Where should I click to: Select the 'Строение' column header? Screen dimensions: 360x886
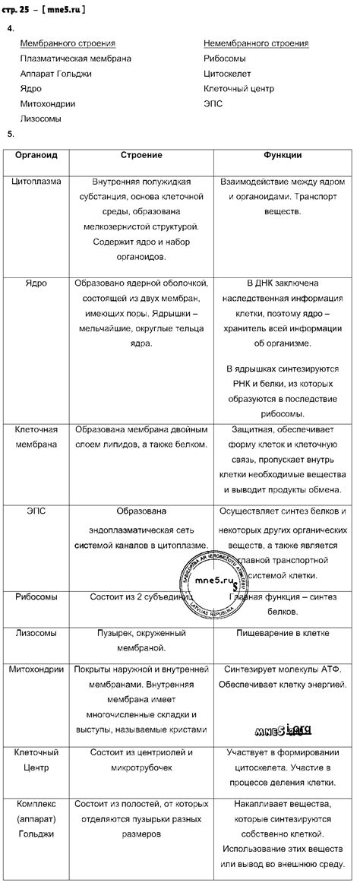click(141, 155)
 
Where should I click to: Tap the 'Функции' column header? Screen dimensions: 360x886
click(283, 155)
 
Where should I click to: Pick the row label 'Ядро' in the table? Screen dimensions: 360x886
click(36, 283)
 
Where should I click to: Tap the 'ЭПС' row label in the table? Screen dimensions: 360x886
click(36, 511)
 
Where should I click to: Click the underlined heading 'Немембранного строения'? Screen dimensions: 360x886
click(256, 43)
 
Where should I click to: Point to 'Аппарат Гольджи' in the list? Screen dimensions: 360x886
click(56, 74)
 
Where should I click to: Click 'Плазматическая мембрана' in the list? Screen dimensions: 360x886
click(76, 59)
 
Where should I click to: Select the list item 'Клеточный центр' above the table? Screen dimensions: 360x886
click(238, 89)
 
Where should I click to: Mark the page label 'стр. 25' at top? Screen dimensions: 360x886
click(20, 9)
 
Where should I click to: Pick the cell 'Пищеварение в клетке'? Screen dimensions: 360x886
click(283, 632)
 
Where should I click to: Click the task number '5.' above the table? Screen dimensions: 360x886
click(11, 134)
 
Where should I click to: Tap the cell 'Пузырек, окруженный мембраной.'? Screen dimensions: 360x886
click(141, 640)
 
